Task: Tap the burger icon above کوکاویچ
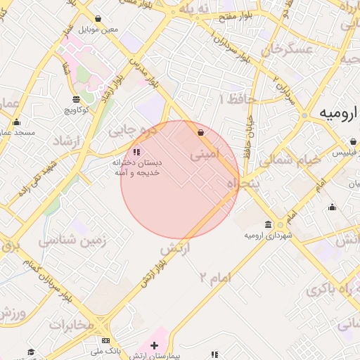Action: pos(76,99)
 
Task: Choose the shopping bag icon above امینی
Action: pos(201,132)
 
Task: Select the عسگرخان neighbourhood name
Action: pos(286,49)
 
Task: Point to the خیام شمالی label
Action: pos(289,160)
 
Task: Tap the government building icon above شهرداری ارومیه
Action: pos(280,225)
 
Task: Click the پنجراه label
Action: pos(241,184)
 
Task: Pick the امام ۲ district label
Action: pos(214,276)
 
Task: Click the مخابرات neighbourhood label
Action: pos(70,324)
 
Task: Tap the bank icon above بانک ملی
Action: pos(105,340)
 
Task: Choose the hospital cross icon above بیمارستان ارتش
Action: pos(155,345)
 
